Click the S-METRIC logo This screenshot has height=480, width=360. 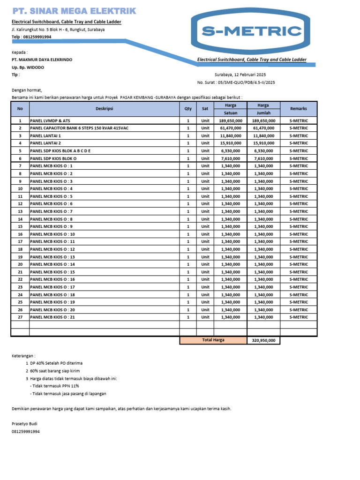tap(251, 31)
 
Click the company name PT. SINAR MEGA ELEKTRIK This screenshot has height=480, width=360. tap(74, 11)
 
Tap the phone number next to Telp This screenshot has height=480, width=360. tap(37, 37)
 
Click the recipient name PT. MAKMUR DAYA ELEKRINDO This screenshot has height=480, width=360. tap(42, 60)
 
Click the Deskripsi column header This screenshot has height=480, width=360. tap(105, 109)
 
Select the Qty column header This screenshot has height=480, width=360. tap(188, 109)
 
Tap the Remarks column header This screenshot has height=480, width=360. tap(299, 109)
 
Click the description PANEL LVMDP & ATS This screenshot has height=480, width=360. tap(50, 120)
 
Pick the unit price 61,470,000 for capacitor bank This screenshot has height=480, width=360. tap(231, 128)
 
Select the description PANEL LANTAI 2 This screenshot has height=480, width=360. tap(46, 143)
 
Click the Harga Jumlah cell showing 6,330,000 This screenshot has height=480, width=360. tap(264, 151)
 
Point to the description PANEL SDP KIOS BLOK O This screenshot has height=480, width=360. tap(53, 158)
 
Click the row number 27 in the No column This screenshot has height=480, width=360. tap(20, 317)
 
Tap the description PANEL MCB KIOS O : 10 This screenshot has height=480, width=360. tap(52, 234)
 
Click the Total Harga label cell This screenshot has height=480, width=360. tap(213, 340)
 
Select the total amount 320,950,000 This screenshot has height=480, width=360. tap(264, 341)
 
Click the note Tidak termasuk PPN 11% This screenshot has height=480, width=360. tap(54, 386)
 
